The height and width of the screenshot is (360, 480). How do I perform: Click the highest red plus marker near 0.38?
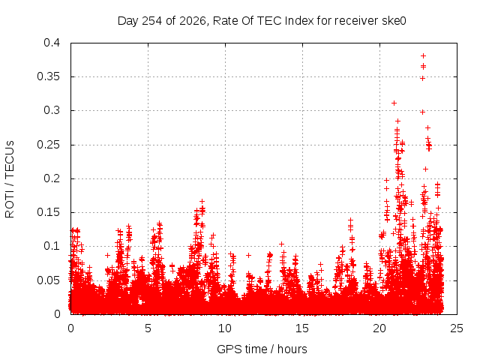pos(423,56)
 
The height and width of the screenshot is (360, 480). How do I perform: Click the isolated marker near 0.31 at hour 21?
pos(394,103)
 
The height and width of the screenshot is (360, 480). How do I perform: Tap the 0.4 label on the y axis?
pos(52,43)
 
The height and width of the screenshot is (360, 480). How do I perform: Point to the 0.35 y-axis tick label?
pos(48,76)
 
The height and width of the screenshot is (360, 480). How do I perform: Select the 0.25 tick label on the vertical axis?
pos(48,145)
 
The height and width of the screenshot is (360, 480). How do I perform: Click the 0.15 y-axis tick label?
pos(48,212)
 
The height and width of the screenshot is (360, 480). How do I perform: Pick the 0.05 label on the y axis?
pos(48,280)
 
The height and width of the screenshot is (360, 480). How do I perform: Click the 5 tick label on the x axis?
pos(148,328)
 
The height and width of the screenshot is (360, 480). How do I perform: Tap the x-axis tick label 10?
pos(225,328)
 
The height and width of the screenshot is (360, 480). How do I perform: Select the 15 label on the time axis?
pos(302,328)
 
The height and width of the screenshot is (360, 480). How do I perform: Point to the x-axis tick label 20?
pos(379,328)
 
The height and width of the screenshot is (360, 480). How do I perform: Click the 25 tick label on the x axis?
pos(457,328)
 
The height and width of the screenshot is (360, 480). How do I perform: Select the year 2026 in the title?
pos(193,21)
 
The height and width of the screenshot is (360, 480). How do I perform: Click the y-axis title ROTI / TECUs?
pos(10,179)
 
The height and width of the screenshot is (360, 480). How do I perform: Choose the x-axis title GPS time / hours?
pos(262,349)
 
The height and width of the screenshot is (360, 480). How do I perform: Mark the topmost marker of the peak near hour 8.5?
pos(202,202)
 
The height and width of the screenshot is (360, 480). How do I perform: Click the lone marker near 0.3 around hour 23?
pos(423,112)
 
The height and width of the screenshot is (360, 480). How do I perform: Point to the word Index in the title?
pos(299,21)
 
